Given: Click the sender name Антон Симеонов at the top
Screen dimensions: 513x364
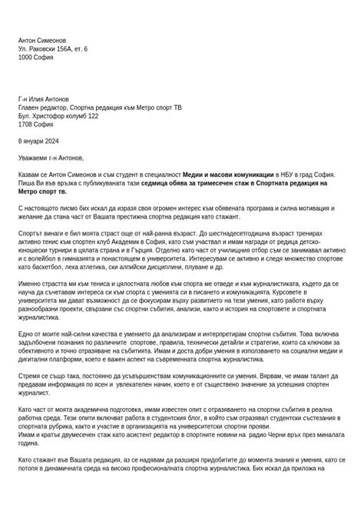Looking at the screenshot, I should tap(42, 40).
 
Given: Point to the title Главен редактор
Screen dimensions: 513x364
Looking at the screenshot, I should tap(42, 107).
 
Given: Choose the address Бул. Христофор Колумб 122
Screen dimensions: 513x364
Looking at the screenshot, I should tap(58, 116).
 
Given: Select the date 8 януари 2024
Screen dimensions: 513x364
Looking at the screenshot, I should tap(38, 141).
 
